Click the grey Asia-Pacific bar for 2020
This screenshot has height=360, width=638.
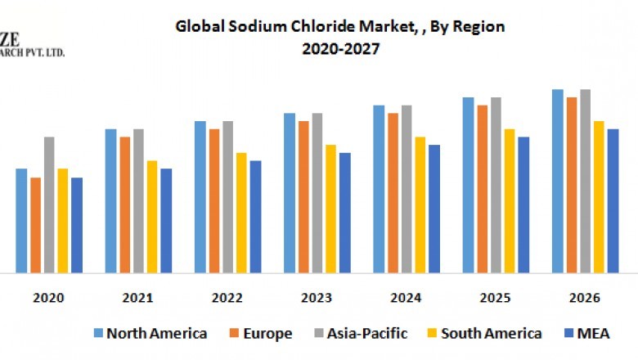click(x=49, y=205)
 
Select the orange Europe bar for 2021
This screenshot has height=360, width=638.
click(x=125, y=205)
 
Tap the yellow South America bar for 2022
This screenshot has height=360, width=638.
click(x=241, y=213)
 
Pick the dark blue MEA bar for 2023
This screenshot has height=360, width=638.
click(x=344, y=213)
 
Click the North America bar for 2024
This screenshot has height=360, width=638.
click(x=379, y=189)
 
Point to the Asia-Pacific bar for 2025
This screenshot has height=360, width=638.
click(x=496, y=185)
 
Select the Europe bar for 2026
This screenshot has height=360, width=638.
click(x=572, y=185)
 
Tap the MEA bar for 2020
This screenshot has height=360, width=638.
click(x=77, y=225)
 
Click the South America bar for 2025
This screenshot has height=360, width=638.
click(x=510, y=200)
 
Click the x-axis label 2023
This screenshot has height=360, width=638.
click(x=317, y=298)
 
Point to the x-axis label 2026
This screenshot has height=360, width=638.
click(x=585, y=298)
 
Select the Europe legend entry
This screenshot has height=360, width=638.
click(x=265, y=333)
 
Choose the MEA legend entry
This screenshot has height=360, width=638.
click(x=593, y=333)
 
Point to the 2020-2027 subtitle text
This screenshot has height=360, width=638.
click(x=340, y=48)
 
